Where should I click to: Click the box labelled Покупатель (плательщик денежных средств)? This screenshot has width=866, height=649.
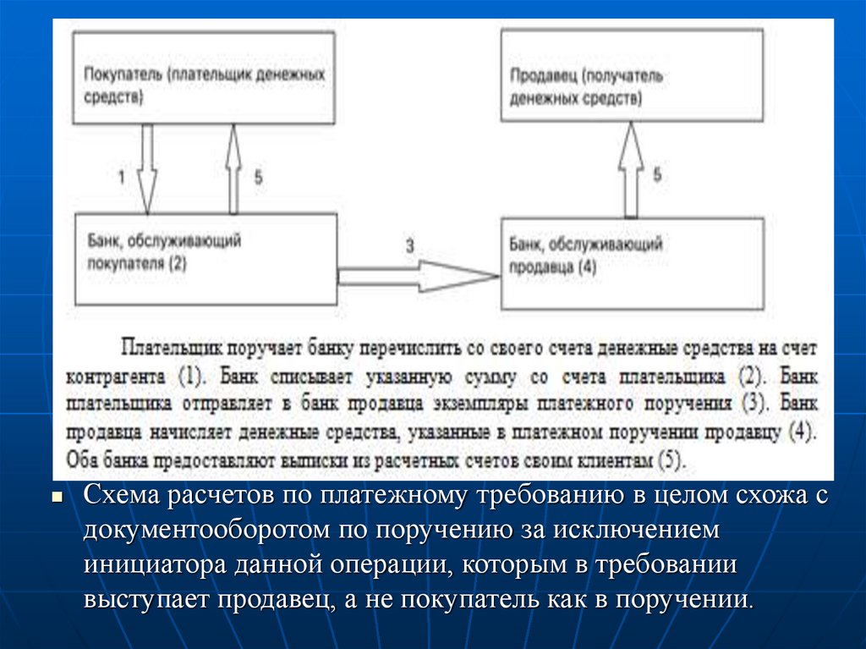203,78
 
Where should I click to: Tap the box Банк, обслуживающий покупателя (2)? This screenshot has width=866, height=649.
206,258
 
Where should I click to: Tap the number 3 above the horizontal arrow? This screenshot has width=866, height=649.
410,246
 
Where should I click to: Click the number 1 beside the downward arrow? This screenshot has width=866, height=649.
121,178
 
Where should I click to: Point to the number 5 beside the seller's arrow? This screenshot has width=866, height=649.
657,175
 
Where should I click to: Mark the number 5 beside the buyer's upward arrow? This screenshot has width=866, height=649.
258,178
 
